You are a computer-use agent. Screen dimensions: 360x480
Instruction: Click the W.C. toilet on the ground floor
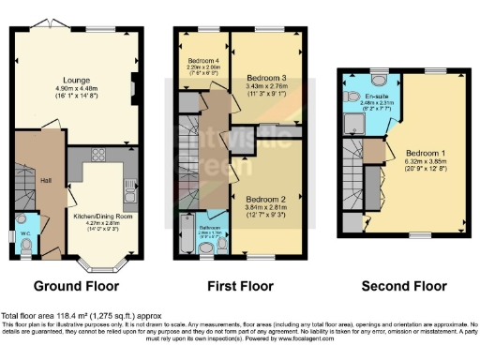click(25, 245)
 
